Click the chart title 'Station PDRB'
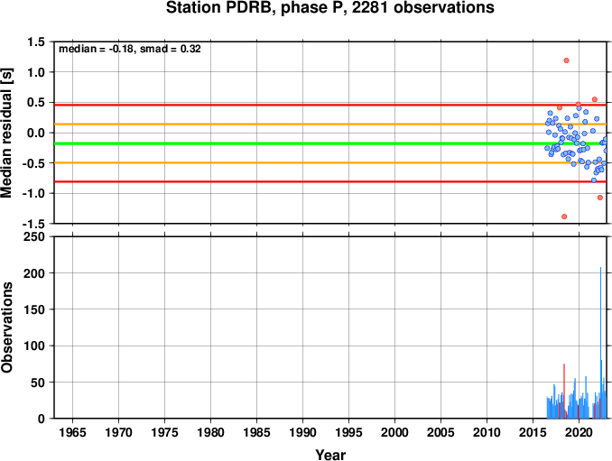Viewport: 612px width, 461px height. click(218, 7)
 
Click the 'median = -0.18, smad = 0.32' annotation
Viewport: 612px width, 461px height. click(130, 49)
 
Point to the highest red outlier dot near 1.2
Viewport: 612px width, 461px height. click(566, 60)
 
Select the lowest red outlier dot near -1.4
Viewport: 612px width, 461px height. click(564, 217)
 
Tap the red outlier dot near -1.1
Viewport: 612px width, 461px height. click(600, 198)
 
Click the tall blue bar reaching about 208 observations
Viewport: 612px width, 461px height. click(600, 343)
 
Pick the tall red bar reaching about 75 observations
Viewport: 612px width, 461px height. click(564, 391)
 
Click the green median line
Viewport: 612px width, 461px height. click(330, 143)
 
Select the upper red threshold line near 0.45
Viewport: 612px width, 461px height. click(330, 105)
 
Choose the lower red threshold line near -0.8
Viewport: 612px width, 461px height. click(330, 181)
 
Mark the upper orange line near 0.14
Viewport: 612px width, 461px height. click(330, 124)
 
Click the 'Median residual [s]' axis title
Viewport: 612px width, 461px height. click(6, 133)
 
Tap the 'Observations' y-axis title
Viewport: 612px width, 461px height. click(6, 327)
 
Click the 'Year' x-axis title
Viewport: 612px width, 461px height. click(330, 455)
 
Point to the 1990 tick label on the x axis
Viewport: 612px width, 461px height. click(302, 432)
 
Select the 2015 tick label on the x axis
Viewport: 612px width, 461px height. click(533, 432)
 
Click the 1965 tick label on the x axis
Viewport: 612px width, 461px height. click(72, 432)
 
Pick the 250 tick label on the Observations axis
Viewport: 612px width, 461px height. click(34, 236)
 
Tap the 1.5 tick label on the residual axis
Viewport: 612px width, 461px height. click(36, 41)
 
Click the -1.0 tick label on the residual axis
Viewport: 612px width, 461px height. click(33, 193)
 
